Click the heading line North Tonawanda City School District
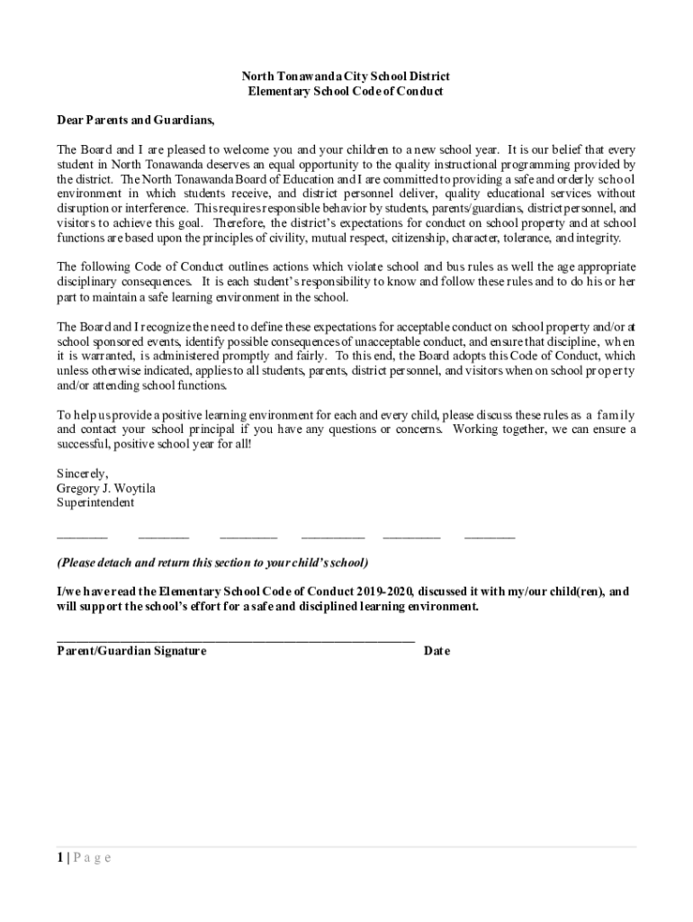pos(347,77)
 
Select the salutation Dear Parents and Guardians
pos(136,120)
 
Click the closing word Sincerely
pos(83,474)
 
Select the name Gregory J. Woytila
pos(105,488)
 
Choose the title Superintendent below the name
pos(95,502)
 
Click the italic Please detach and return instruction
pos(212,563)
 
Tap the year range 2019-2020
pos(382,592)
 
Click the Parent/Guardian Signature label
pos(131,651)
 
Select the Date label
pos(436,651)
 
